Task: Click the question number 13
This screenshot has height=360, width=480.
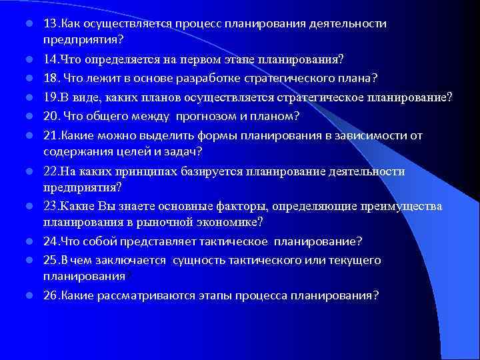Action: click(x=49, y=24)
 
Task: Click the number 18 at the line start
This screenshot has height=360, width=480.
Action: click(x=49, y=79)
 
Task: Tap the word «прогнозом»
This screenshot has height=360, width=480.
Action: click(x=217, y=117)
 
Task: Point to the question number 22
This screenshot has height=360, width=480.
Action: click(x=49, y=171)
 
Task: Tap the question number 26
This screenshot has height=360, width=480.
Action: click(x=49, y=295)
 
